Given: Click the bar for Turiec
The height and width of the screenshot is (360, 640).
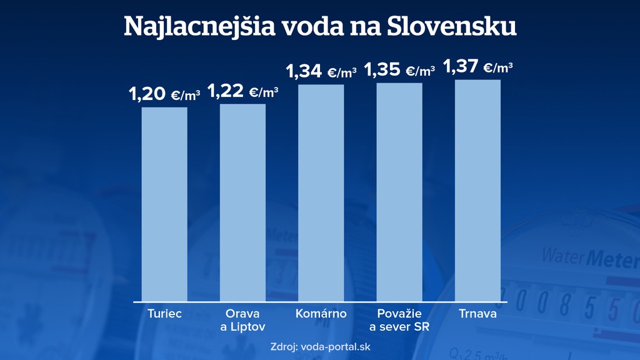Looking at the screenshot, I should coord(164,204).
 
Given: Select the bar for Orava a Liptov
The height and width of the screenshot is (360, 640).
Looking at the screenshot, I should coord(242,202).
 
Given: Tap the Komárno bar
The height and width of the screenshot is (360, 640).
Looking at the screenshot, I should coord(321,192).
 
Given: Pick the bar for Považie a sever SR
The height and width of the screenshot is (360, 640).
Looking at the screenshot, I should coord(399,192).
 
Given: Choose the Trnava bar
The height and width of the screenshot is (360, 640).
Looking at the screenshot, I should coord(477,190).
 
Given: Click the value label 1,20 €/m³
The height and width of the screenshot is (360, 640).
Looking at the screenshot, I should coord(164,95).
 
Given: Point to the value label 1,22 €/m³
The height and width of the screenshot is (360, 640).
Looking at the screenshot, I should coord(242,92).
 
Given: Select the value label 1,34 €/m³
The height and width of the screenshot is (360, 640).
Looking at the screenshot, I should coord(321,72).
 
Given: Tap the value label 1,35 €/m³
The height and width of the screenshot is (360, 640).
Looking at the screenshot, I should coord(399,70).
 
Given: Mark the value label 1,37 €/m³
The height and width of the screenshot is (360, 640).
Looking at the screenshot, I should coord(477,66).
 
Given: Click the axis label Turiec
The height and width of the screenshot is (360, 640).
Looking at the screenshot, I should coord(164,314).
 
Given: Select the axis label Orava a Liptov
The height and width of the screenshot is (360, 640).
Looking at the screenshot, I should coord(242,320).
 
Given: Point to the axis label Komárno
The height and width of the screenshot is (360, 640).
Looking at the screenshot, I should coord(321,314).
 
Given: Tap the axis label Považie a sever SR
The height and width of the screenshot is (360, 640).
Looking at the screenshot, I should coord(399,320).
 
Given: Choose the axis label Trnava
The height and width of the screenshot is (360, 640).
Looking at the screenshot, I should coord(477,314).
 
